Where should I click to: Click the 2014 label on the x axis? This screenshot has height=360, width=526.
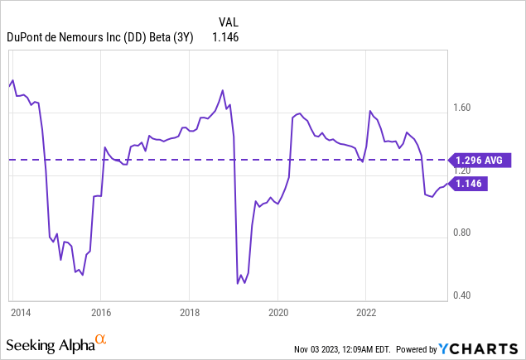[21, 313]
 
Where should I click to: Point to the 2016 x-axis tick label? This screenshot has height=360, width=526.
[100, 313]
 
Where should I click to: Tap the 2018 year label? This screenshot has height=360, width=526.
[189, 313]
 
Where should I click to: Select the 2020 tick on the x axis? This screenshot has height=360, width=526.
[277, 313]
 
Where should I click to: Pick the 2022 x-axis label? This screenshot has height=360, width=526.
[366, 313]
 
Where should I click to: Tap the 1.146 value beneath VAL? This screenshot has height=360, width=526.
[225, 37]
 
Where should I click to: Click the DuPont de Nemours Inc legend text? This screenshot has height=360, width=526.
[99, 37]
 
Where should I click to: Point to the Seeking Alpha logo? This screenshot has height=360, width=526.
[50, 343]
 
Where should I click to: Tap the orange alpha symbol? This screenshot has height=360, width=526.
[101, 339]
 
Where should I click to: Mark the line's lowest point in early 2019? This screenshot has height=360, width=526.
[238, 283]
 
